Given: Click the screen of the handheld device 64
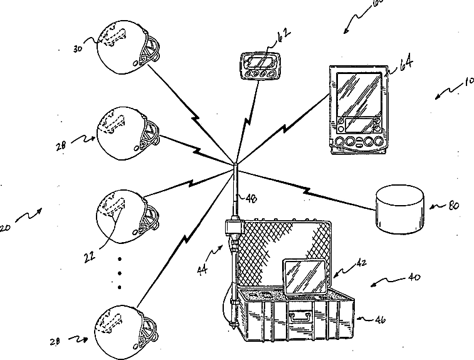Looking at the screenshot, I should pos(359,93).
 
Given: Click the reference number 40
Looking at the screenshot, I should pos(414,277).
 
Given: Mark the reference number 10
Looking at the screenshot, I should pos(468,82).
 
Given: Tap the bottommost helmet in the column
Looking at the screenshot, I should pos(122,327).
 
